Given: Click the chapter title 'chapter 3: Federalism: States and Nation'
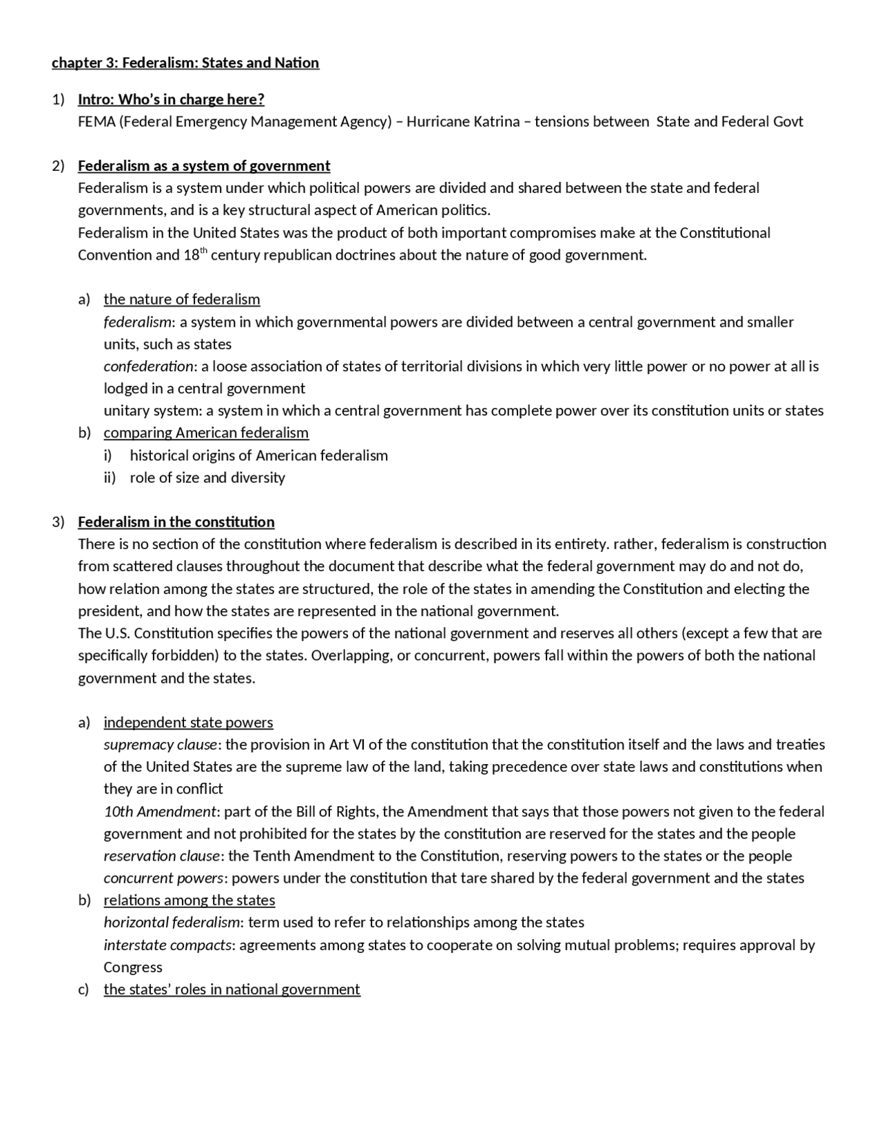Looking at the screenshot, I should click(x=185, y=63).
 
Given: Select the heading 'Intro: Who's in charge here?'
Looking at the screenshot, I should click(x=171, y=99).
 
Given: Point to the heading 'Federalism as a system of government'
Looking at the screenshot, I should click(x=204, y=166).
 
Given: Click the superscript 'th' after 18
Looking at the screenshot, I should click(x=203, y=250).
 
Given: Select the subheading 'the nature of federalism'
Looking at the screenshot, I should click(x=182, y=299).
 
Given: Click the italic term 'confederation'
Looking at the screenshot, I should click(x=148, y=367).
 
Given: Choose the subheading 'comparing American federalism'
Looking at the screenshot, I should click(x=206, y=433).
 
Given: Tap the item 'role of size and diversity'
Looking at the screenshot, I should click(x=207, y=477).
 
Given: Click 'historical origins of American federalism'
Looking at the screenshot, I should click(x=258, y=455).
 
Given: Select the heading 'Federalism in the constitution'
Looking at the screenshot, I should click(x=176, y=522).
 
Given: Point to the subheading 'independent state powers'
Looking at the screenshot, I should click(x=188, y=722).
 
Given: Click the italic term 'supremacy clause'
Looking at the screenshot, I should click(x=160, y=745).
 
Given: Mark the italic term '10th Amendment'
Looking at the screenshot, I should click(x=160, y=812).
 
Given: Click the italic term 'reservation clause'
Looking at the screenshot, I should click(x=162, y=856).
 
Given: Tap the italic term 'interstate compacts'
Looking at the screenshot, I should click(x=167, y=945).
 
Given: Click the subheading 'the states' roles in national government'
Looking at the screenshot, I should click(x=232, y=989).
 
